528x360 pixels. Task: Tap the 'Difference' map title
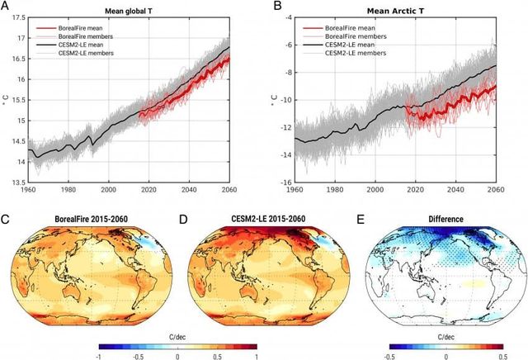442,219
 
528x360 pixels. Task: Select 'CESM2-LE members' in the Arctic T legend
356,53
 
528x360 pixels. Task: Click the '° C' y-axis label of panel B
275,102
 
